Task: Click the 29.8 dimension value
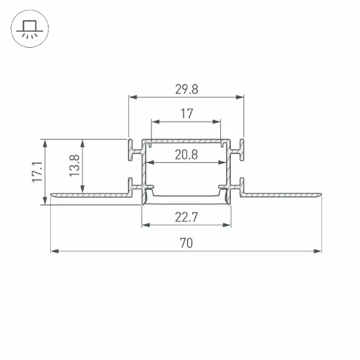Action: coord(186,89)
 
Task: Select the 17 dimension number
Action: coord(187,114)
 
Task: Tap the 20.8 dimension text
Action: coord(186,155)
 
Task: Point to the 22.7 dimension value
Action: coord(186,217)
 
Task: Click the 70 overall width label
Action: coord(186,243)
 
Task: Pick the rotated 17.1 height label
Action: coord(37,172)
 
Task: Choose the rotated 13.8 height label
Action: coord(74,166)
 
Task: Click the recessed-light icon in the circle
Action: coord(30,29)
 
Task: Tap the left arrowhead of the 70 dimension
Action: coord(55,251)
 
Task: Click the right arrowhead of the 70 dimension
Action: coord(318,251)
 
